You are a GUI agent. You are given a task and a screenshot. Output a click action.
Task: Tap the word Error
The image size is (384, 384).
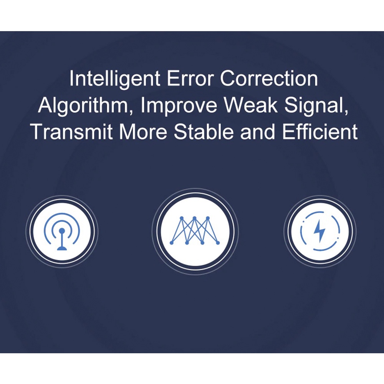tap(190, 78)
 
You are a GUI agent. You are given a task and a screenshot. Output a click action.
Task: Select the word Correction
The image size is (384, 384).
tap(269, 78)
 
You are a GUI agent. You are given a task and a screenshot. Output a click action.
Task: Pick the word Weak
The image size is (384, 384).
tap(251, 105)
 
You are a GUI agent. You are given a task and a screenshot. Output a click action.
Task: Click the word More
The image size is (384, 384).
tap(143, 132)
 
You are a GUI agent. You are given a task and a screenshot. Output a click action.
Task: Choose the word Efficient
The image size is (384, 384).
tap(320, 132)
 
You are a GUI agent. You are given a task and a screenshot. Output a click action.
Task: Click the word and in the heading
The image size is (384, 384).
tap(258, 132)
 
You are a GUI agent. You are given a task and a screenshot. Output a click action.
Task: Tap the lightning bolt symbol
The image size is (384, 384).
tap(320, 231)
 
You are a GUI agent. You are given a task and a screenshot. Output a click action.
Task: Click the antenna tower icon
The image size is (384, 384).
tap(62, 232)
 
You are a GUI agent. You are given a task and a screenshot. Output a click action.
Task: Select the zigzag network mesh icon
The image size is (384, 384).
tap(195, 230)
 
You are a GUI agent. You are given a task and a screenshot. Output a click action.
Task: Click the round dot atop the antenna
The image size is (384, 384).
tap(62, 230)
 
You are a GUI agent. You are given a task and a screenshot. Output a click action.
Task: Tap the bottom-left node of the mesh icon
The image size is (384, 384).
tap(171, 243)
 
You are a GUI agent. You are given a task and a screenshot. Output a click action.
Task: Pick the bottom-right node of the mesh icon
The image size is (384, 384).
tap(218, 243)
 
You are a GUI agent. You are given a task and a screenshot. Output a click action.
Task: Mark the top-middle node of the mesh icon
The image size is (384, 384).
tap(194, 218)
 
